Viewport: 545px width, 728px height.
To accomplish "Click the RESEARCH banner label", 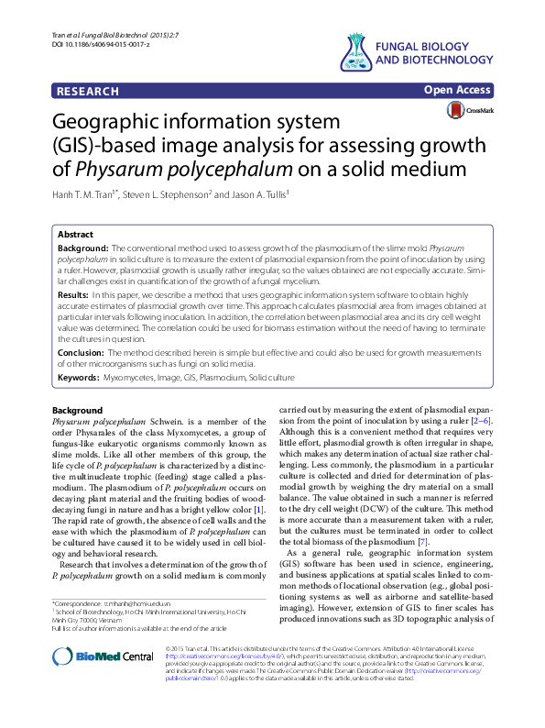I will click(x=88, y=92).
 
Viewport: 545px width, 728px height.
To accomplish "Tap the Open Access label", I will click(x=458, y=91).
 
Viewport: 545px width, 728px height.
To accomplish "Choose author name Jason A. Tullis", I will click(x=255, y=193).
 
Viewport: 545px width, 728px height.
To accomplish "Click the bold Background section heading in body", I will click(x=79, y=410).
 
